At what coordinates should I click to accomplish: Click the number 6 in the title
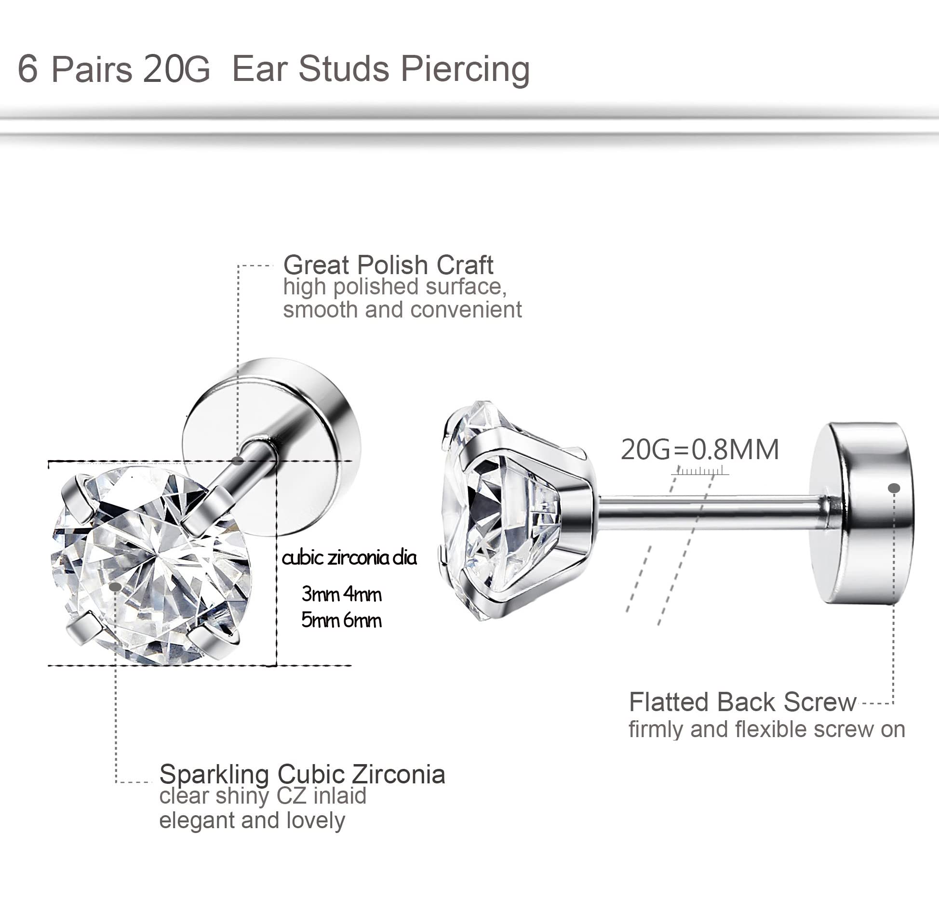27,69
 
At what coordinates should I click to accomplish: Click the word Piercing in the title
465,70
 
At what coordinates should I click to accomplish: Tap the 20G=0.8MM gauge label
699,449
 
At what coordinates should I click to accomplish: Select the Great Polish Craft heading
388,265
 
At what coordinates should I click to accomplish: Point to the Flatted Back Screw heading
742,702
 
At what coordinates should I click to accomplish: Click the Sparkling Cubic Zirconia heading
302,775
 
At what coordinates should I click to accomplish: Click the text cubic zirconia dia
349,558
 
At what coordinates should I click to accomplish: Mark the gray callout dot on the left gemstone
115,587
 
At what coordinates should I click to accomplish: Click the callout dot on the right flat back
894,488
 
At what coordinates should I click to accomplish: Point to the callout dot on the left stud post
237,461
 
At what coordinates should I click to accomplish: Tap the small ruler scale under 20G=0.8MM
700,471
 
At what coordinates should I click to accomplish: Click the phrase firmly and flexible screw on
766,729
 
